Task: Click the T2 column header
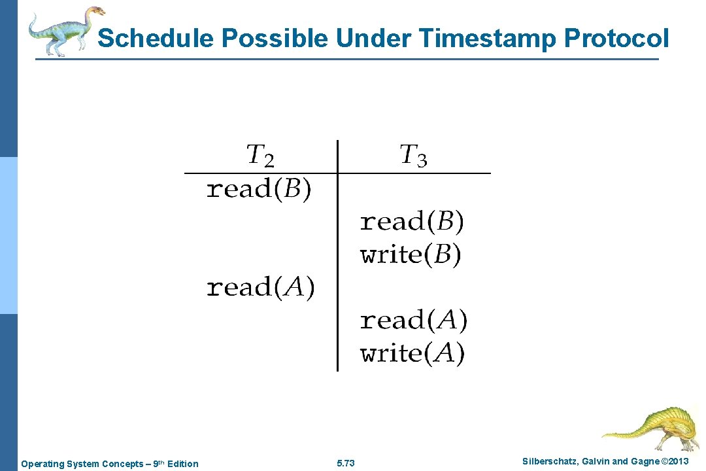tap(260, 156)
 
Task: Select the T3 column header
tap(413, 156)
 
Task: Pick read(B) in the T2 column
tap(259, 190)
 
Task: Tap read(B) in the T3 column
tap(412, 222)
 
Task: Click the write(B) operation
tap(411, 254)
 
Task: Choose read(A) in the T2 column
tap(260, 287)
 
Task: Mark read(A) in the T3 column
tap(413, 321)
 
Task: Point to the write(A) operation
tap(412, 353)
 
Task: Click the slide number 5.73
tap(345, 464)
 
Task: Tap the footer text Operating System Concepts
tap(86, 464)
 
